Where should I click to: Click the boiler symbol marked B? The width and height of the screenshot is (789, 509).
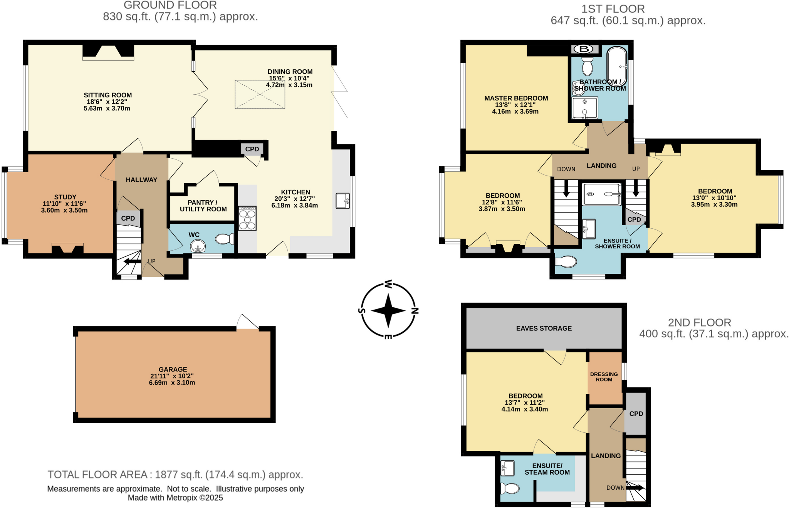point(584,49)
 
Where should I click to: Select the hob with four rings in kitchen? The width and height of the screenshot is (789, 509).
point(247,218)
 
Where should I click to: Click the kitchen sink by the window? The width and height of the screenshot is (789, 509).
point(342,201)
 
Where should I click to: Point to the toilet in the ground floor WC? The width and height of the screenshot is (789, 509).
point(224,239)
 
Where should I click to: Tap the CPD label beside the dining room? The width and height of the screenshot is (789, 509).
point(252,149)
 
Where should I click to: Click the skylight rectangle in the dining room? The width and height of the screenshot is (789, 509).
point(260,94)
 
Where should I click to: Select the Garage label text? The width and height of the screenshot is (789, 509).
point(173,369)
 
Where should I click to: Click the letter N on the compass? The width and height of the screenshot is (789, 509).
point(415,311)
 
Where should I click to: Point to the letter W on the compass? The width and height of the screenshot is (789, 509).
point(388,285)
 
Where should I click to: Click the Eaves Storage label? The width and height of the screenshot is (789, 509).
point(544,328)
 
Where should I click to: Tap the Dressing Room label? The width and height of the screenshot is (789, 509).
point(604,377)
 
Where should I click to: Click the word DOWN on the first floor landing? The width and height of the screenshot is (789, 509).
point(566,169)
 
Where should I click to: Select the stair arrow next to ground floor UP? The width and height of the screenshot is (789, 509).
point(132,261)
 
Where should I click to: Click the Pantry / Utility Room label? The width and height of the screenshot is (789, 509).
point(203,206)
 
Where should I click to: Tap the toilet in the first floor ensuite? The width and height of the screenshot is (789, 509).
point(566,261)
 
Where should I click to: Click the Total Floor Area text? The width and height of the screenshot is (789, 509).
point(175,474)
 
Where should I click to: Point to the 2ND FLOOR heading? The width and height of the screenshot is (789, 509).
point(699,323)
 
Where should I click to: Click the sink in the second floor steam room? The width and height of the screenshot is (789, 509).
point(508,468)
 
